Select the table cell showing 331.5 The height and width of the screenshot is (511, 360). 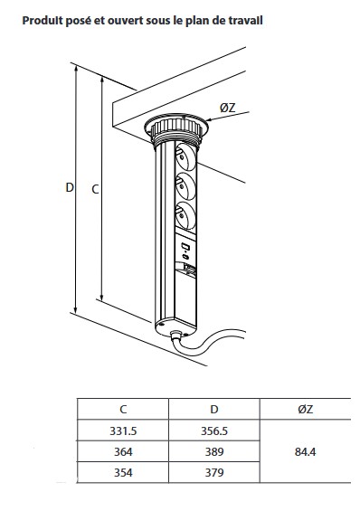pyautogui.click(x=123, y=431)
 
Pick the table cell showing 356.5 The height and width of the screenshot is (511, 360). pyautogui.click(x=214, y=431)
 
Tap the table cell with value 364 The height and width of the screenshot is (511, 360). pyautogui.click(x=123, y=451)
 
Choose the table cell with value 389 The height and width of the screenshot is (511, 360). pyautogui.click(x=214, y=451)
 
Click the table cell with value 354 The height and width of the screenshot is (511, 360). pyautogui.click(x=123, y=472)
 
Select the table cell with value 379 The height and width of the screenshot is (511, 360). pyautogui.click(x=214, y=472)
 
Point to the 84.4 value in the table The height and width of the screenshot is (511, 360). pyautogui.click(x=305, y=451)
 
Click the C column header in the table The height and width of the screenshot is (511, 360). pyautogui.click(x=123, y=410)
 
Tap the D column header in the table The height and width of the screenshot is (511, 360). pyautogui.click(x=214, y=410)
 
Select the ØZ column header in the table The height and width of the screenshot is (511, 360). pyautogui.click(x=305, y=410)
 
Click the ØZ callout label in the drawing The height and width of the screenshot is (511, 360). pyautogui.click(x=227, y=108)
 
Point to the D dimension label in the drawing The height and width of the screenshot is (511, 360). pyautogui.click(x=70, y=188)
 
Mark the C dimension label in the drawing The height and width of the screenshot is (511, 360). pyautogui.click(x=95, y=189)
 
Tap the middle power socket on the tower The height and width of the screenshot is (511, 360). pyautogui.click(x=185, y=186)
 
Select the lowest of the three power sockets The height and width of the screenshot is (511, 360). pyautogui.click(x=185, y=214)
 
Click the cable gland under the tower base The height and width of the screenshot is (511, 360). pyautogui.click(x=175, y=335)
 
